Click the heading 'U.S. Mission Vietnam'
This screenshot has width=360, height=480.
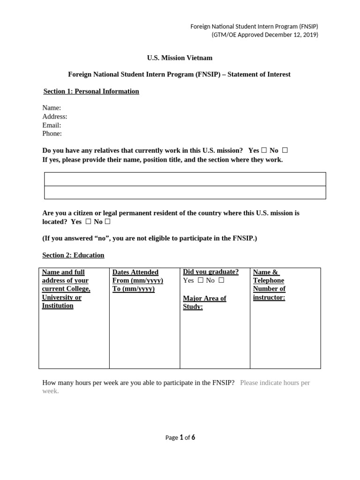(180, 58)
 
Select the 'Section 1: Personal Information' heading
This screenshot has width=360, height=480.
(91, 91)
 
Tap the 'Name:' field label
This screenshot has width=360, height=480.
(52, 108)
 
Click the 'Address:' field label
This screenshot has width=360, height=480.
(55, 116)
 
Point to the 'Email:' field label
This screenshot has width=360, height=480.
(52, 125)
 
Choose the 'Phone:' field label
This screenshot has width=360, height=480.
(52, 134)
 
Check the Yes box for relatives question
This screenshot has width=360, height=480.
(264, 150)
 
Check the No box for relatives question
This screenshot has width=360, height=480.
(285, 150)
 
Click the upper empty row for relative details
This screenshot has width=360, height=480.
(185, 179)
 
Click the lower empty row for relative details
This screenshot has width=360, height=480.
(185, 192)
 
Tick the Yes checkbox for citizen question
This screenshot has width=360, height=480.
(88, 222)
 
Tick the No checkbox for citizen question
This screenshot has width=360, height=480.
(107, 222)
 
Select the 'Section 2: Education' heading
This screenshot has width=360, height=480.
(73, 255)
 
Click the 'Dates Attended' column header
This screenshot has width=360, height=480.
(135, 272)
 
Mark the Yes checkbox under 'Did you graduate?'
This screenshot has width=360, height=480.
(201, 280)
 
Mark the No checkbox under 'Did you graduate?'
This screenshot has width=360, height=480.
(221, 280)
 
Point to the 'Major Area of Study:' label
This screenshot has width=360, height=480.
(204, 303)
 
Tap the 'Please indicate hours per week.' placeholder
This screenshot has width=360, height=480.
(275, 383)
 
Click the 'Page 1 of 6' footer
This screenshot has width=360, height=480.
(180, 438)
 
